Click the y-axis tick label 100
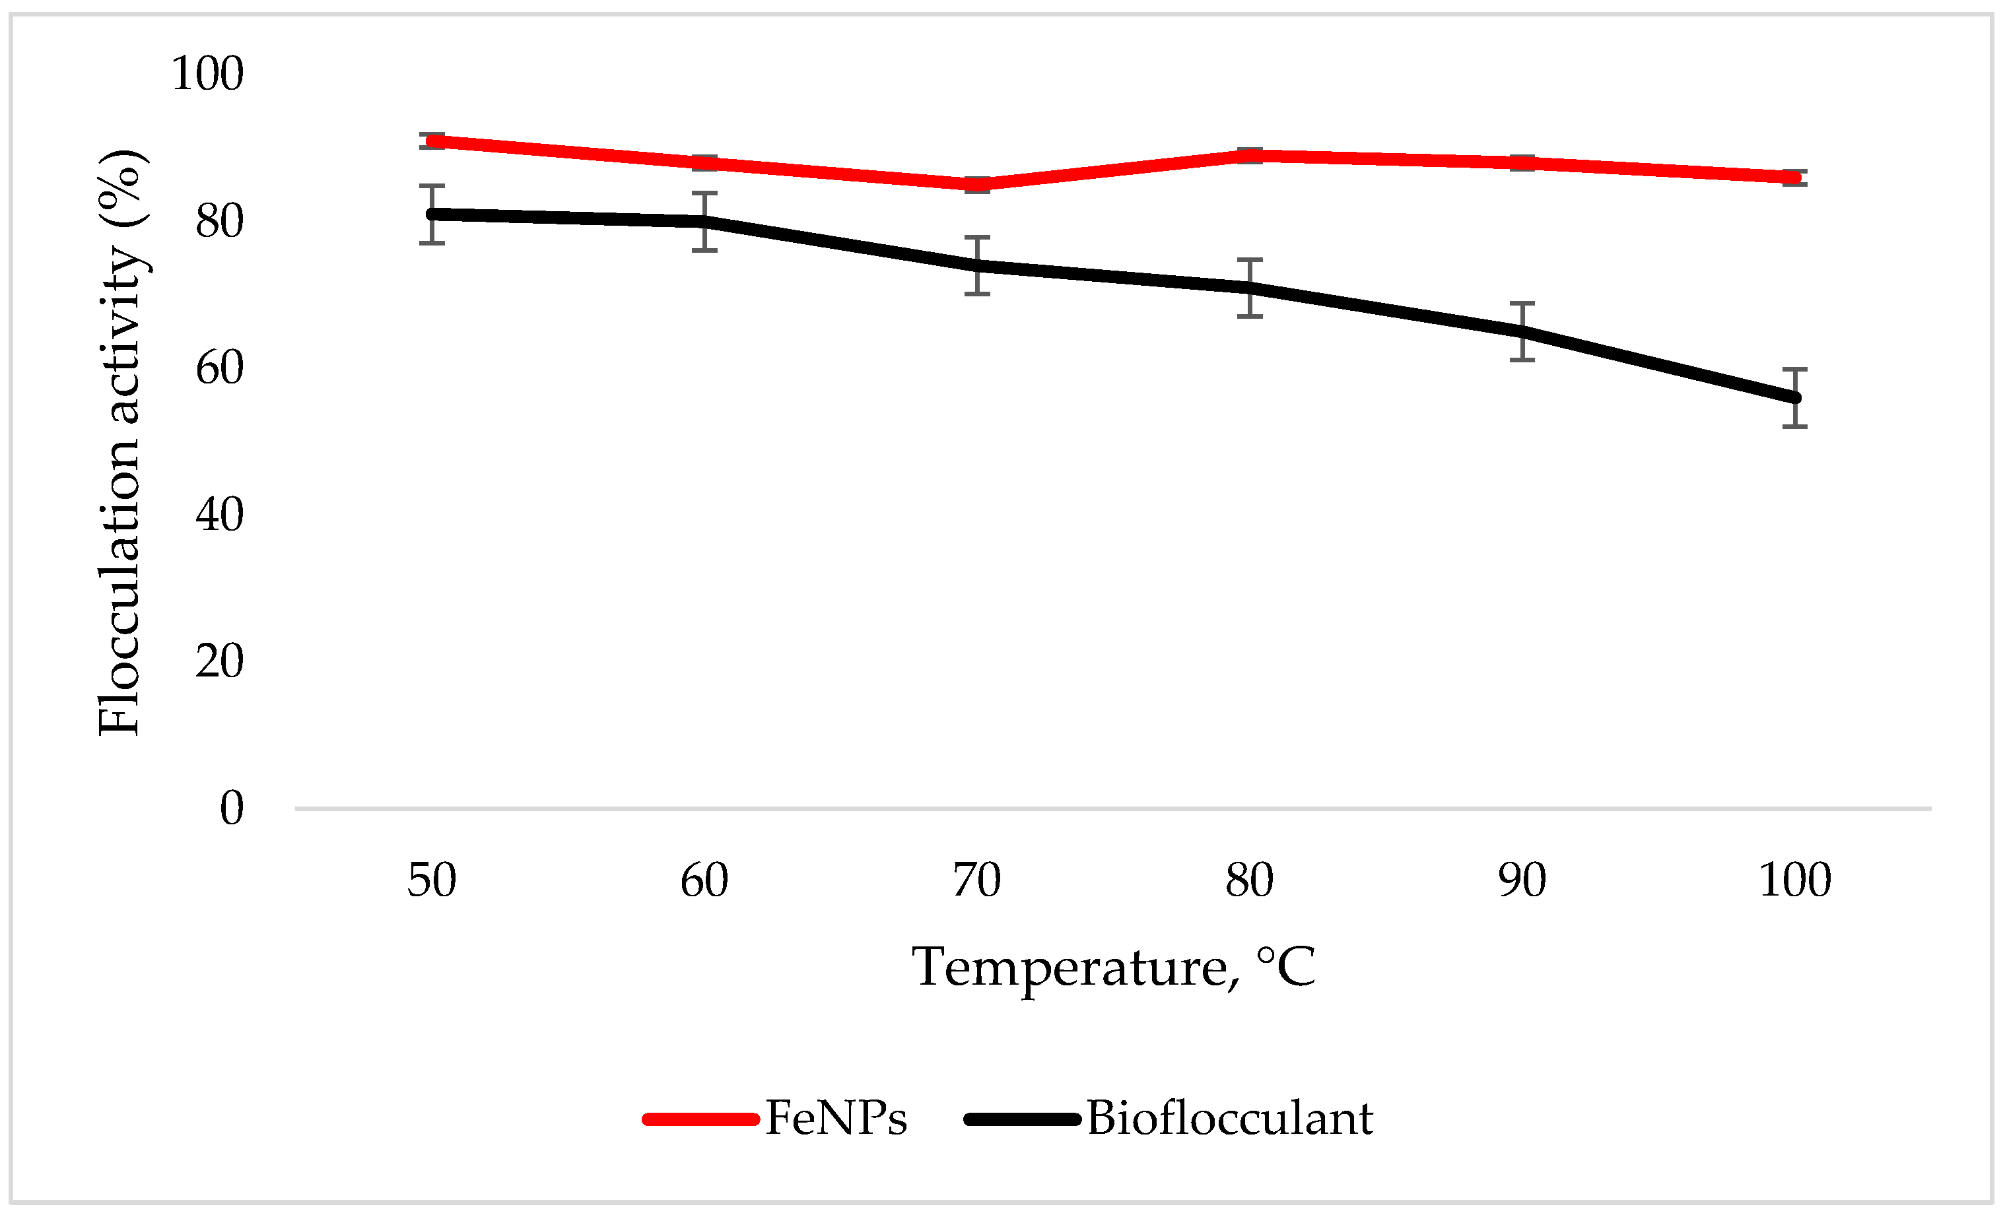207,74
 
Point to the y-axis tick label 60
219,368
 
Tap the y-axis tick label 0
232,808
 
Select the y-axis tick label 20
219,661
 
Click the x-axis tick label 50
431,881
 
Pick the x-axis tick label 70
976,881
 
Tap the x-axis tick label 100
1794,881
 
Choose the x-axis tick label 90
1522,881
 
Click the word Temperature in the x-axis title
1070,968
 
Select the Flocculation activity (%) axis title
120,444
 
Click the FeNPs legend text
836,1119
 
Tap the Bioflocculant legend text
1229,1119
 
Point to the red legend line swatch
700,1119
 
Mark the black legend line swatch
1022,1119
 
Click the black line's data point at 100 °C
1794,398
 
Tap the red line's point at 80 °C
1250,154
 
